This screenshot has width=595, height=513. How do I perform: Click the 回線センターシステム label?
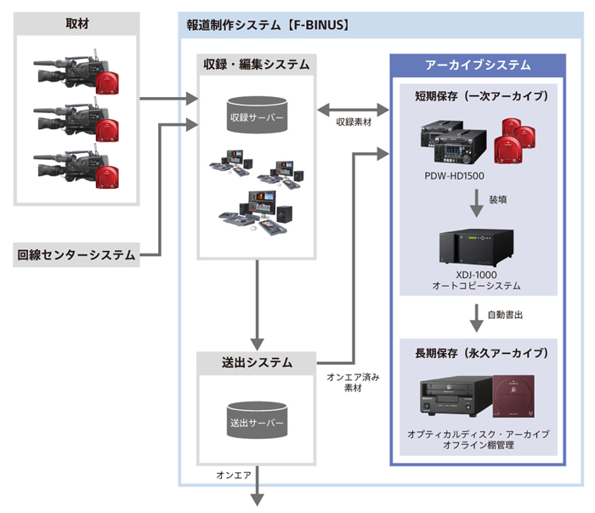pos(76,254)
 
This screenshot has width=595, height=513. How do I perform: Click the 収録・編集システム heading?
pos(256,65)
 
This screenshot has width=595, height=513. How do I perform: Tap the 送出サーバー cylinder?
pos(256,419)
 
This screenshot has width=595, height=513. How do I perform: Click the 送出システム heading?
pos(256,362)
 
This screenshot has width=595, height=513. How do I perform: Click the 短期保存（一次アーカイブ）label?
pos(478,96)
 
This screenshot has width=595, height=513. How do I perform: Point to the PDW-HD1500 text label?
pos(457,176)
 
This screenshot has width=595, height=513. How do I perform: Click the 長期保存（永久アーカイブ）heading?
pos(478,352)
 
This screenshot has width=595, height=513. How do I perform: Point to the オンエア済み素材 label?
pos(352,382)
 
